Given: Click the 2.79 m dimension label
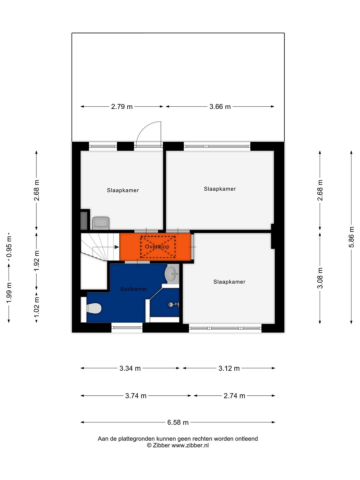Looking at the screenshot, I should pos(122,107).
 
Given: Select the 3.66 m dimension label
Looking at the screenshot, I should pos(220,107).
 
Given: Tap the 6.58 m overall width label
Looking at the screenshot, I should pos(178,422).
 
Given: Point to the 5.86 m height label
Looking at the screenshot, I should pos(351,237).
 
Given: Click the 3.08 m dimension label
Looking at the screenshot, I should pos(320,278).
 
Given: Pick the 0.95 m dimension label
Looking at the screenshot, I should pos(9,247).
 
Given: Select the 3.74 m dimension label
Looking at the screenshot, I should pos(136,396).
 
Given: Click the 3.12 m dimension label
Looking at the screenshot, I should pos(229,368).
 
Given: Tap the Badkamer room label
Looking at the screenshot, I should pos(134,289).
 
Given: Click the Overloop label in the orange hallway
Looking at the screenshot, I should pos(157,247).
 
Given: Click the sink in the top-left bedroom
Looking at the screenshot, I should pos(101,223).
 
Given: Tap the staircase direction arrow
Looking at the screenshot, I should pos(116,247).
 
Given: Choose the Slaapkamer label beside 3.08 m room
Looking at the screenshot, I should pos(229,282).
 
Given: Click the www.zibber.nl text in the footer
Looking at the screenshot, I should pos(190,445).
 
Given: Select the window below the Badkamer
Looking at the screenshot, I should pos(127,328).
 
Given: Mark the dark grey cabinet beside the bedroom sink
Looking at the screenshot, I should pos(84,220).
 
